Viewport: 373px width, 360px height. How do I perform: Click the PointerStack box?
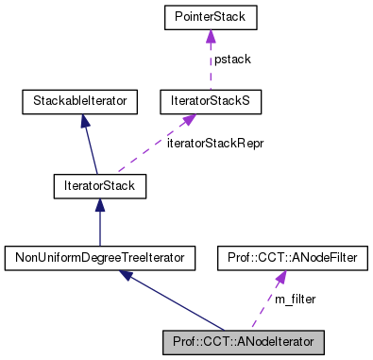[x=209, y=17]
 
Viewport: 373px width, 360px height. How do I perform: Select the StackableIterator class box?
[x=80, y=98]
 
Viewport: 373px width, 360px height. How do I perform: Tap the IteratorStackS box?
[x=209, y=98]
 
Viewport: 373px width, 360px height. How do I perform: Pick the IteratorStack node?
[x=99, y=186]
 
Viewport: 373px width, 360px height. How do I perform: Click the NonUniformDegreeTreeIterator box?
[x=99, y=256]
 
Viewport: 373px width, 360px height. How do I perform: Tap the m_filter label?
[x=295, y=299]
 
